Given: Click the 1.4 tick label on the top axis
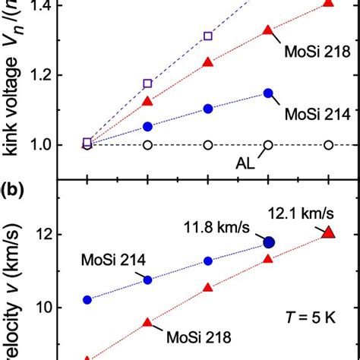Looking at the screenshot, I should (54, 5).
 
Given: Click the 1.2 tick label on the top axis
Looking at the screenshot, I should (54, 75).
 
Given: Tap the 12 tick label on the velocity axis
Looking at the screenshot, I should (59, 235).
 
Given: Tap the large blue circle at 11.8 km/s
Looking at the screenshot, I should (268, 242).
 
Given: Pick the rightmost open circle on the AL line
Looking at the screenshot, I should (328, 145).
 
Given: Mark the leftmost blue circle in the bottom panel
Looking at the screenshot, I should (87, 300).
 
